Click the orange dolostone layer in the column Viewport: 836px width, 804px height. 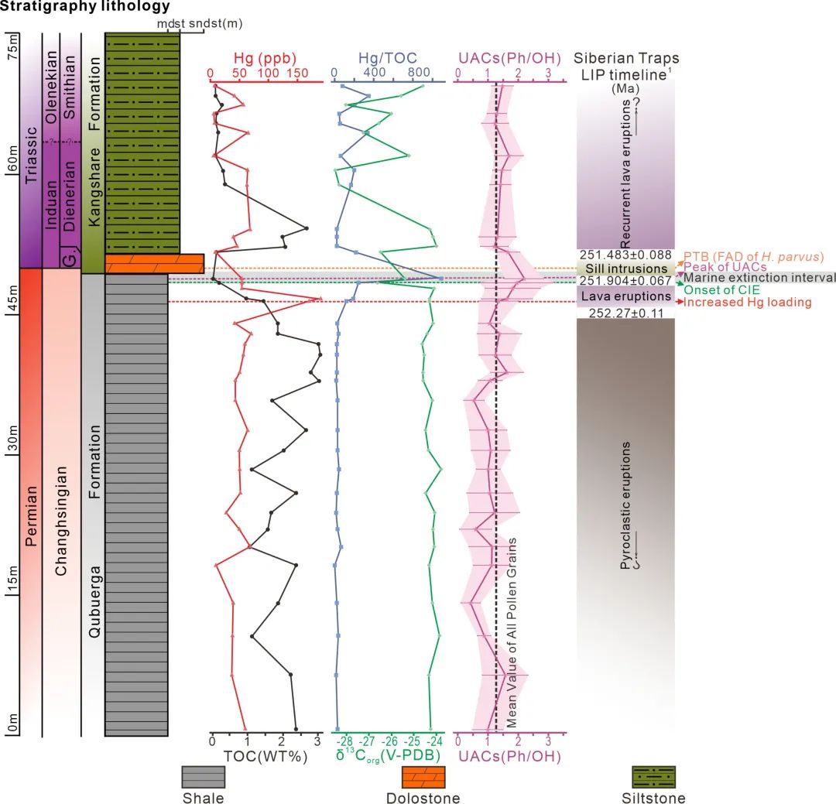pyautogui.click(x=155, y=264)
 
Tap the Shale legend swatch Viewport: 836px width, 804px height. pyautogui.click(x=203, y=777)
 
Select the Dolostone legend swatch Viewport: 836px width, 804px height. pyautogui.click(x=423, y=777)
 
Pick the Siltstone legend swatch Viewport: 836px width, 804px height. pyautogui.click(x=653, y=777)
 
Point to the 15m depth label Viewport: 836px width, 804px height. pyautogui.click(x=13, y=580)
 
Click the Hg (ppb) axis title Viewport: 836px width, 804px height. pyautogui.click(x=265, y=58)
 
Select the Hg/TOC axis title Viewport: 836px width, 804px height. pyautogui.click(x=388, y=58)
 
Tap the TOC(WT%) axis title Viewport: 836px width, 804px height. pyautogui.click(x=266, y=757)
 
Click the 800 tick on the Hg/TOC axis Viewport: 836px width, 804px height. pyautogui.click(x=420, y=73)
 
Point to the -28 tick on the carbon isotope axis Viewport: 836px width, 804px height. pyautogui.click(x=344, y=741)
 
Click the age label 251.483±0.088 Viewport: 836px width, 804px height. pyautogui.click(x=625, y=255)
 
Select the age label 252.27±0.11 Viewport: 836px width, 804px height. pyautogui.click(x=626, y=313)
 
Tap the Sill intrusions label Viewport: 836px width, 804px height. pyautogui.click(x=626, y=269)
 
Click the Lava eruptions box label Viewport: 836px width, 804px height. pyautogui.click(x=626, y=296)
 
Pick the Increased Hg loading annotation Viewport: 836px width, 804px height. pyautogui.click(x=748, y=303)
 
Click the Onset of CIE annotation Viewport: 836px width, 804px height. pyautogui.click(x=722, y=290)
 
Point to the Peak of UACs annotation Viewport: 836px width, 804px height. pyautogui.click(x=725, y=266)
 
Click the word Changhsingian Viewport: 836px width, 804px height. pyautogui.click(x=61, y=521)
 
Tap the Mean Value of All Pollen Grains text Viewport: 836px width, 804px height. pyautogui.click(x=512, y=632)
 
